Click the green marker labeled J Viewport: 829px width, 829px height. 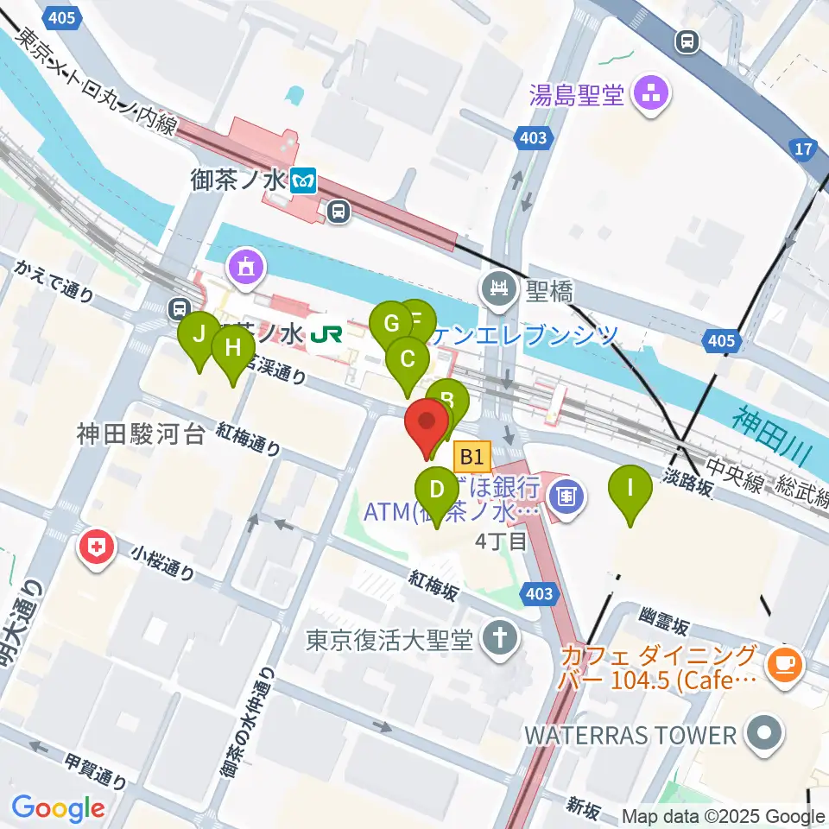point(199,333)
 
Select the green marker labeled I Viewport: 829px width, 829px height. point(630,487)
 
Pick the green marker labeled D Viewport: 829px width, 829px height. point(437,490)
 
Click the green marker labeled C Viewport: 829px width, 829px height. point(408,358)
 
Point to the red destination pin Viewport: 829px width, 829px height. point(427,422)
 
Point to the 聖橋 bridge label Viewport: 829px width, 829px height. point(550,292)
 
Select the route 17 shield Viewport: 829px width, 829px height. point(803,149)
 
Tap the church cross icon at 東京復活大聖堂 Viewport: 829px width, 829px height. point(499,640)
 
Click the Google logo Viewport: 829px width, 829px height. point(58,808)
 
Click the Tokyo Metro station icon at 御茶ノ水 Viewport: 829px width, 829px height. point(304,180)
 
